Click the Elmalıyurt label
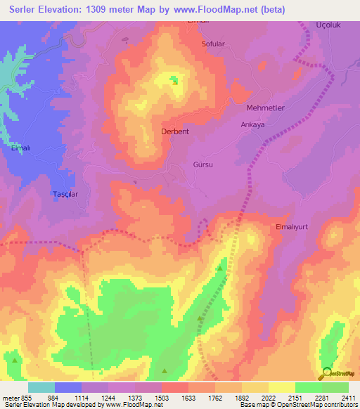click(295, 227)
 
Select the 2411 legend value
click(348, 398)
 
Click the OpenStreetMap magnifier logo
click(326, 375)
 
